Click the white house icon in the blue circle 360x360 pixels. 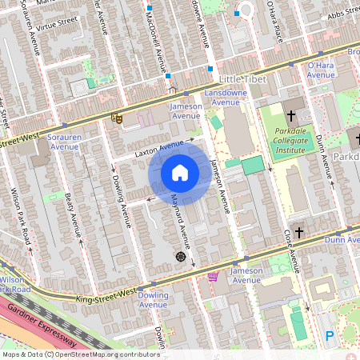180,173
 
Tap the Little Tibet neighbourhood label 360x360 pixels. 241,80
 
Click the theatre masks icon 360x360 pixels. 117,118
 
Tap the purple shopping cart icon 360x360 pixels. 213,277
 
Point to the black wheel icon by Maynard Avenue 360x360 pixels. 181,257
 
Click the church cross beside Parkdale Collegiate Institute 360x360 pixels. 290,116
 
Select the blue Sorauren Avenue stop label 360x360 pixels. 63,142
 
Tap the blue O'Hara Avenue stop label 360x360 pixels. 321,70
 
